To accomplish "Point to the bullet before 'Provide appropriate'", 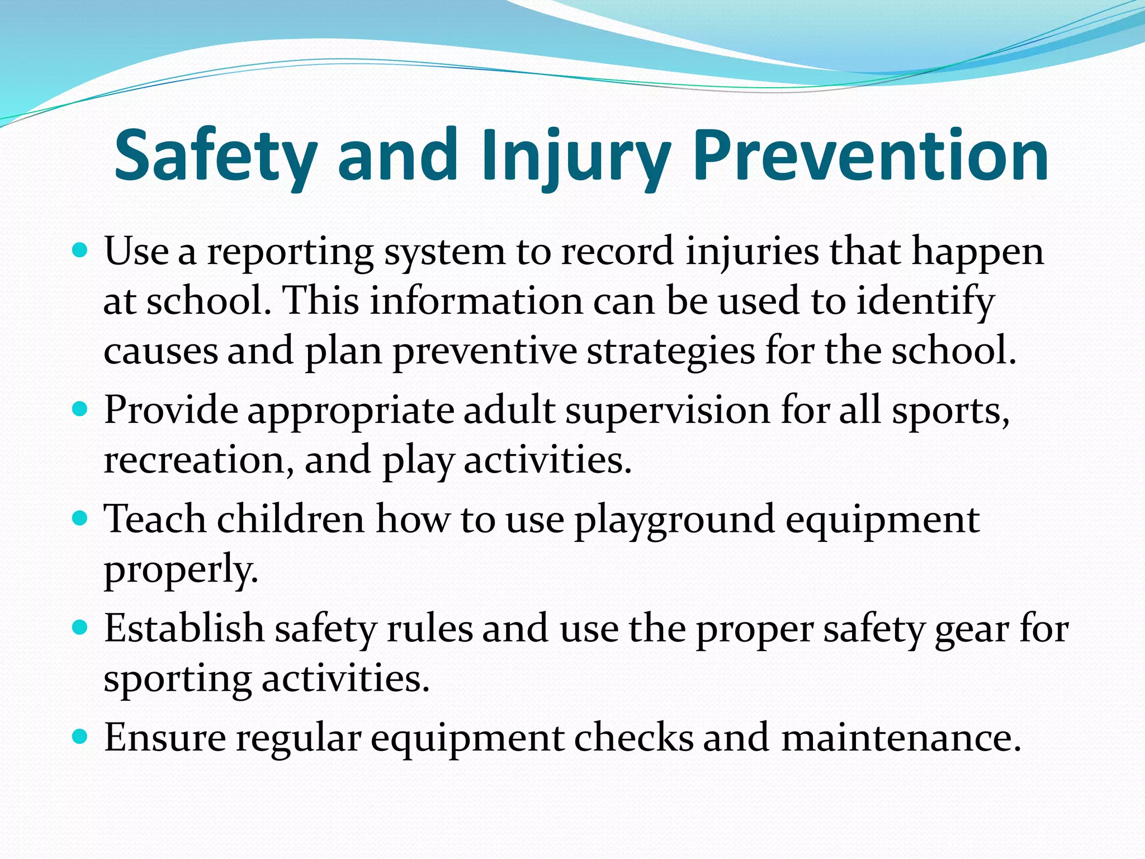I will click(x=81, y=409).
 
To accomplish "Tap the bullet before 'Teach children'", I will click(x=81, y=518).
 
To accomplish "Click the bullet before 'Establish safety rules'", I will click(x=81, y=627).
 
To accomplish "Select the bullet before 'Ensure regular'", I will click(x=81, y=737).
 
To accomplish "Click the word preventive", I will click(x=485, y=352).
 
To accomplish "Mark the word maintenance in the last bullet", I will click(x=901, y=738).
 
